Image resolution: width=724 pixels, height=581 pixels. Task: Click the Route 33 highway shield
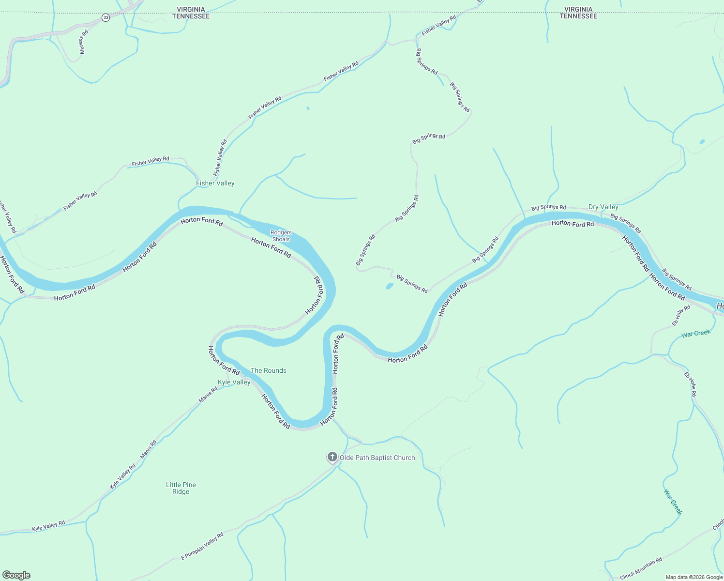tap(106, 17)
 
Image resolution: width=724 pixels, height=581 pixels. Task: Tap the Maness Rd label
tap(84, 42)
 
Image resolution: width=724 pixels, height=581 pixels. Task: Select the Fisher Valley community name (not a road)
tap(215, 183)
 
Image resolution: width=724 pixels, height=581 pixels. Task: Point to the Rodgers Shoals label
tap(281, 236)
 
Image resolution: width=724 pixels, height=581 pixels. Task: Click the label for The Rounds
tap(269, 370)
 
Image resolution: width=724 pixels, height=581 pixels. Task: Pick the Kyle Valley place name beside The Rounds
tap(234, 382)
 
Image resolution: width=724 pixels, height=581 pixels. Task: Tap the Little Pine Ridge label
tap(181, 488)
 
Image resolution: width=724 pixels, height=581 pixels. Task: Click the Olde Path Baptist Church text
tap(377, 458)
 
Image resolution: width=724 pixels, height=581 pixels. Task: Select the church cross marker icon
tap(332, 457)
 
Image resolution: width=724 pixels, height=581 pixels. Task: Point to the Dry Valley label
tap(603, 207)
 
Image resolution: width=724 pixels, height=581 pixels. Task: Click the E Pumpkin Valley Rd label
tap(202, 546)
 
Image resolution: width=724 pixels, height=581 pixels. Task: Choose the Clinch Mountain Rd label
tap(641, 568)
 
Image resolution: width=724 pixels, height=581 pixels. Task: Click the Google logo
tap(16, 575)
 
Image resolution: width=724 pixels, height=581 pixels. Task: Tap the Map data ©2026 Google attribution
tap(694, 577)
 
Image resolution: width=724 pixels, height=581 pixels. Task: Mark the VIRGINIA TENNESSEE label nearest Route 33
tap(191, 13)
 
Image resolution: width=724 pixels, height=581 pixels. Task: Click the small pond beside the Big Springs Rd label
tap(390, 286)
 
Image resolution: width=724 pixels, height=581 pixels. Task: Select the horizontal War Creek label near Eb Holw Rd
tap(695, 333)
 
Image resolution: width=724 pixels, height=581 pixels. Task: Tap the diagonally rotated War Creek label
tap(673, 502)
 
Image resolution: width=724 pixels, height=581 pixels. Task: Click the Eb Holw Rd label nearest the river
tap(681, 316)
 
